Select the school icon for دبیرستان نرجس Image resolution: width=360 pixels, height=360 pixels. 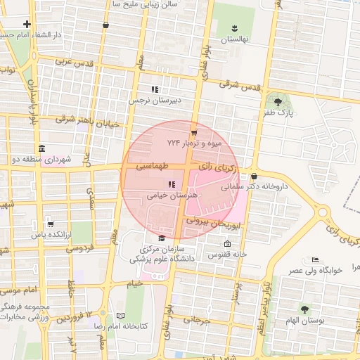(x=155, y=89)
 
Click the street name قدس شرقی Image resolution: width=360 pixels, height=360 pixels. (x=239, y=85)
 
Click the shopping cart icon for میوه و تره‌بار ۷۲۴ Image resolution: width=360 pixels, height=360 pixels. (x=194, y=131)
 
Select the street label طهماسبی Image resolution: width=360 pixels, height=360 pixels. (x=152, y=167)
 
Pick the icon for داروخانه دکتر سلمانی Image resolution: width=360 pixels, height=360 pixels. (x=254, y=176)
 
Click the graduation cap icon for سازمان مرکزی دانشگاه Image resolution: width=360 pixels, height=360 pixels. (x=162, y=238)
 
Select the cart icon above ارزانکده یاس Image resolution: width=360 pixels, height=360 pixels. (x=49, y=224)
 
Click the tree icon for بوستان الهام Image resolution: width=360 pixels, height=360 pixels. (x=304, y=309)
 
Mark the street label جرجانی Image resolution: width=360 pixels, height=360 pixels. (x=196, y=319)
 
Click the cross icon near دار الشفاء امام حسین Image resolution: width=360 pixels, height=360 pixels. (x=27, y=24)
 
